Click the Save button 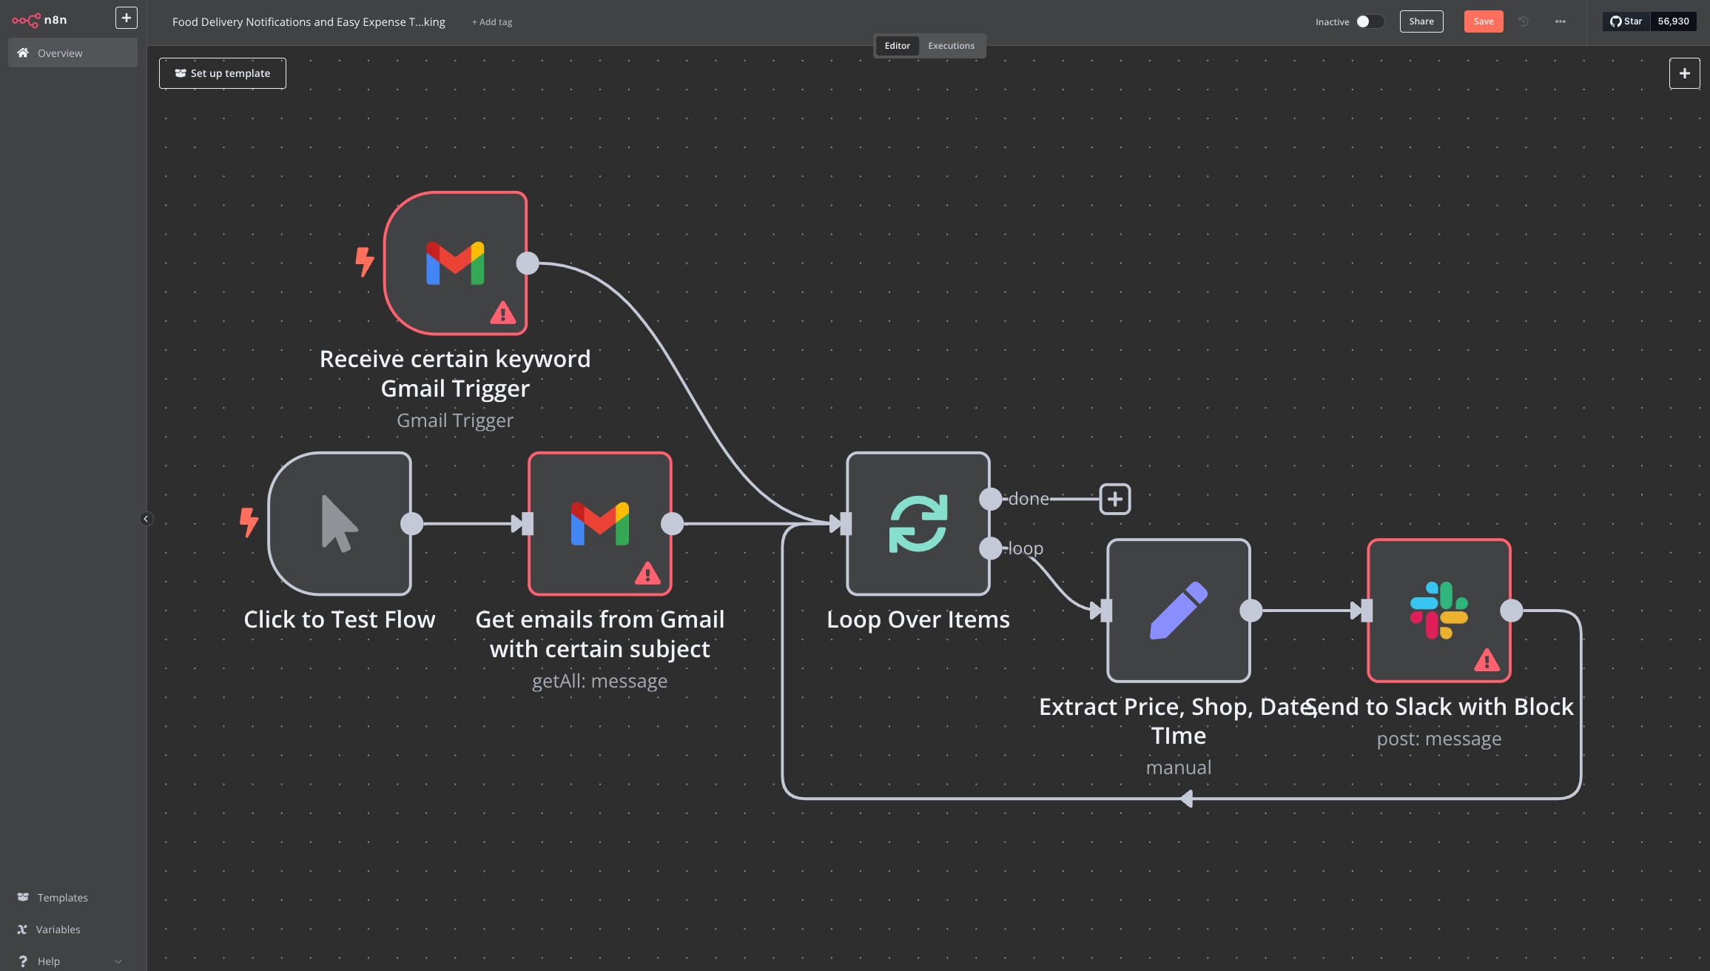pos(1483,21)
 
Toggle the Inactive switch pos(1369,21)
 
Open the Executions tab pos(951,46)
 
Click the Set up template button pos(223,73)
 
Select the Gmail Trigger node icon pos(455,263)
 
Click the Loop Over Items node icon pos(918,524)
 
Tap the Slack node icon pos(1438,611)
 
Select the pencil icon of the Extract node pos(1178,611)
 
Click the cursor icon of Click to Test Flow pos(339,524)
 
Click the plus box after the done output pos(1114,499)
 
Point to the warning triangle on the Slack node pos(1486,660)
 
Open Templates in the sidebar pos(62,898)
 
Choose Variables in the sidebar pos(58,930)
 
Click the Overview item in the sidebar pos(60,53)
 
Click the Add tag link pos(492,22)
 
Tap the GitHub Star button pos(1626,21)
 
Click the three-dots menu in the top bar pos(1560,21)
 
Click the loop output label pos(1026,548)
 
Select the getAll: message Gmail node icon pos(599,524)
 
